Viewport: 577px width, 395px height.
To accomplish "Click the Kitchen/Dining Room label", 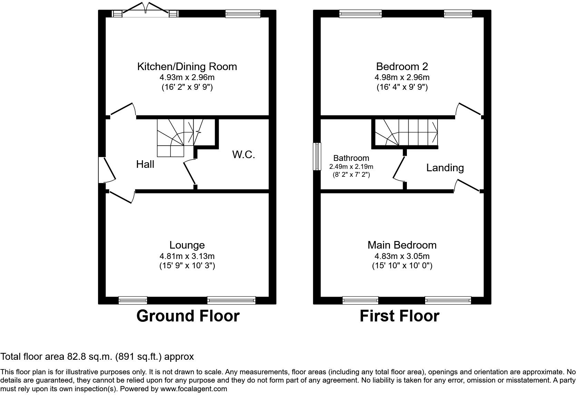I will point(187,66).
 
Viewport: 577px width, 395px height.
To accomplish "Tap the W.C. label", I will point(243,154).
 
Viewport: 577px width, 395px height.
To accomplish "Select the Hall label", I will point(145,164).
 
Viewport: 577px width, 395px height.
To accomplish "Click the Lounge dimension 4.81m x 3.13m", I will point(187,256).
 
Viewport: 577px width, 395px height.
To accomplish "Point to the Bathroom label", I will point(351,158).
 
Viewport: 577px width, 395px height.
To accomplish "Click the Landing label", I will point(445,168).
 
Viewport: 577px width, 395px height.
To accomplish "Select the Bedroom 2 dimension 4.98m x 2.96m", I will point(402,77).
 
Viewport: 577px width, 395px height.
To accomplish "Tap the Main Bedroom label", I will point(402,245).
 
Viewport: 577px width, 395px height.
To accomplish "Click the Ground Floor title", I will point(188,316).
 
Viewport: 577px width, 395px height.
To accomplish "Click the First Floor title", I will point(399,316).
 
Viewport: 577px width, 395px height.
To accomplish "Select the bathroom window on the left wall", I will point(317,156).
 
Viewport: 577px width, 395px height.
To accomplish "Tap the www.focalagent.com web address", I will point(194,389).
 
